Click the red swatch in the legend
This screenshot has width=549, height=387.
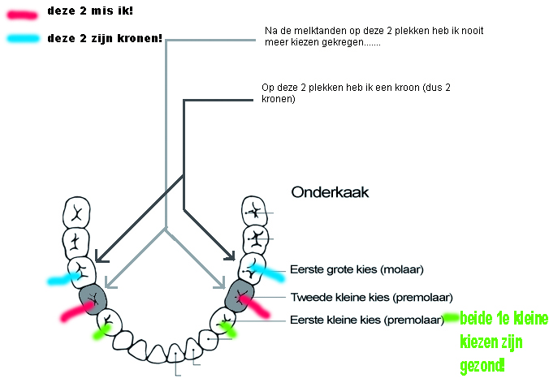click(x=22, y=15)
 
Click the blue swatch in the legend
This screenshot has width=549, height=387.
click(x=23, y=38)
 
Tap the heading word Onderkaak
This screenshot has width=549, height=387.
click(x=330, y=192)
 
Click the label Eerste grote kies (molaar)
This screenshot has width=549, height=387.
click(x=357, y=269)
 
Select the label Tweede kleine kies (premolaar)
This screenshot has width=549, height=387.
click(x=371, y=298)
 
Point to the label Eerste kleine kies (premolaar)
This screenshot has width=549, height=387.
click(x=367, y=320)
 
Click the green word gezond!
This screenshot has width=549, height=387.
click(x=482, y=366)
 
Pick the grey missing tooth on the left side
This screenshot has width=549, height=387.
click(x=93, y=299)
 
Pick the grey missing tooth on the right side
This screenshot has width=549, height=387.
click(x=240, y=296)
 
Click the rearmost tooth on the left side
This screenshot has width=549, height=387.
click(x=76, y=213)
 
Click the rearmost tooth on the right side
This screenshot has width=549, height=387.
click(x=254, y=211)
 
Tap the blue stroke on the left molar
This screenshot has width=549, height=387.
click(x=63, y=278)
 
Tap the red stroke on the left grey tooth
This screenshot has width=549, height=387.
click(x=77, y=312)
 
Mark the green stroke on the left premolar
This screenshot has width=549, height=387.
click(x=102, y=332)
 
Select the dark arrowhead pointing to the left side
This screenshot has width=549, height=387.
click(x=102, y=258)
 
